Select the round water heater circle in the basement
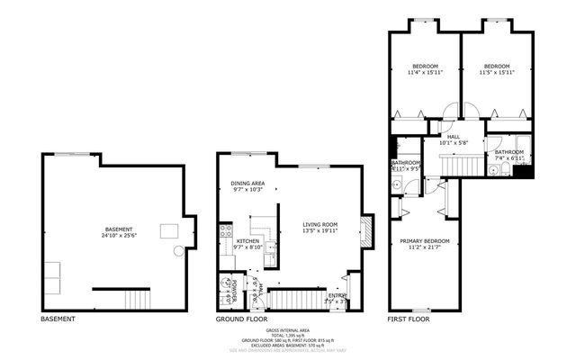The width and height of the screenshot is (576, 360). click(x=178, y=251)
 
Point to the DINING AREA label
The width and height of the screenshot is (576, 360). click(x=247, y=183)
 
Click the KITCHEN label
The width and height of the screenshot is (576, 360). click(x=248, y=241)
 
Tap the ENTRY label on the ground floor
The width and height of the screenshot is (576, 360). click(x=337, y=295)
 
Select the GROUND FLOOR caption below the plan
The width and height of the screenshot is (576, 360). click(x=242, y=319)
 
